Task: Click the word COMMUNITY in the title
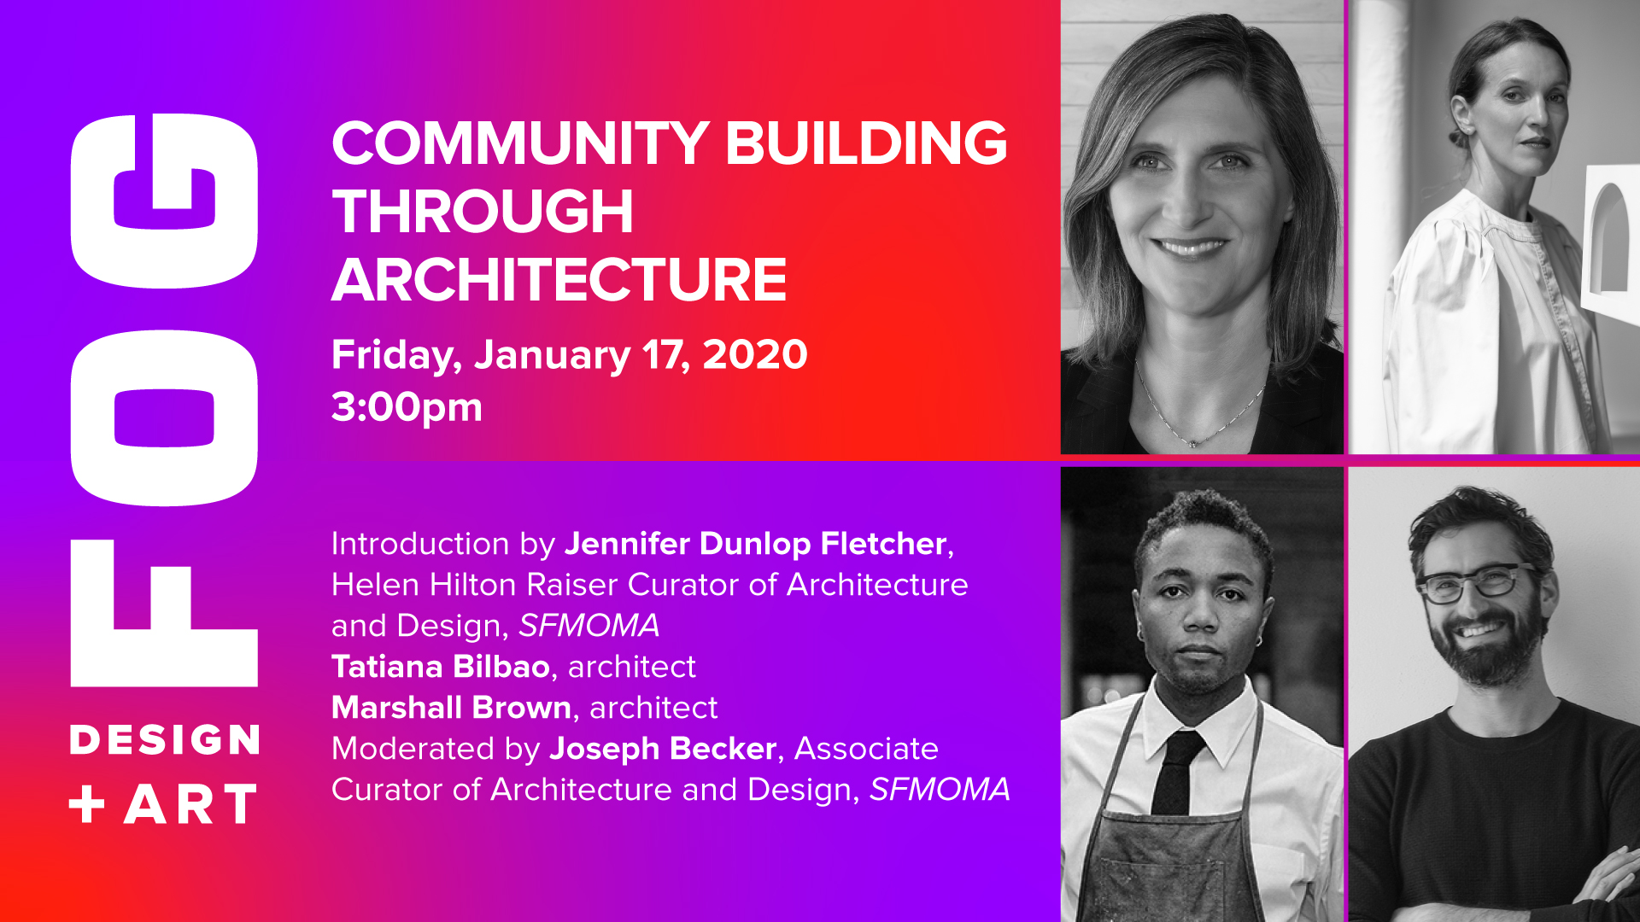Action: tap(520, 143)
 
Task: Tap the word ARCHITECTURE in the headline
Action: tap(559, 280)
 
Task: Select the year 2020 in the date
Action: tap(755, 354)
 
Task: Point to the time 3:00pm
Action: tap(407, 408)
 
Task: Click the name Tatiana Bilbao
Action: tap(441, 666)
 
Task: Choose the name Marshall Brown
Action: tap(451, 707)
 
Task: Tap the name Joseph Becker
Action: tap(663, 750)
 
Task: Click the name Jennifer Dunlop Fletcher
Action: tap(756, 545)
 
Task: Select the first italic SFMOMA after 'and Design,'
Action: tap(589, 626)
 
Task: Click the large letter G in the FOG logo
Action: tap(164, 201)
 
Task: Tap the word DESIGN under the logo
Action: tap(165, 739)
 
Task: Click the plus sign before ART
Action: tap(87, 804)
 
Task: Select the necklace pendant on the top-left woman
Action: tap(1193, 441)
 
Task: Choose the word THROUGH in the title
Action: tap(483, 212)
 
